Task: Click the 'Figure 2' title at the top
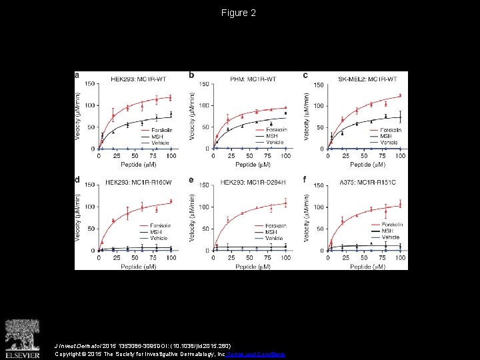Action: [239, 13]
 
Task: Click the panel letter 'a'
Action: [77, 75]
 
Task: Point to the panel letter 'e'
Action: [192, 180]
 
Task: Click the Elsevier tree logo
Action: [22, 336]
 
